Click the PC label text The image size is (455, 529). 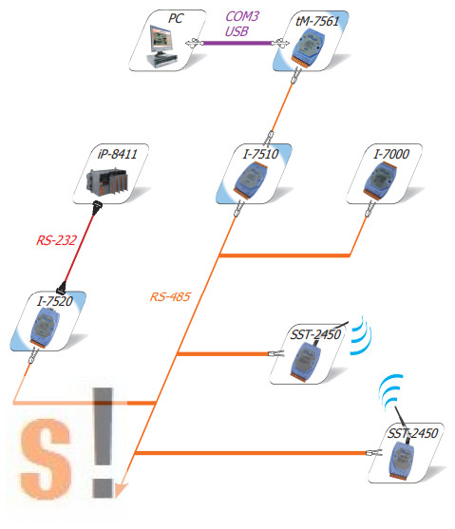[x=176, y=19]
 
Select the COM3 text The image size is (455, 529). [x=242, y=16]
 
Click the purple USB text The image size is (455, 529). [x=237, y=31]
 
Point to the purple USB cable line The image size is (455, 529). [x=237, y=43]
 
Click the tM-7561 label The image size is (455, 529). [x=317, y=21]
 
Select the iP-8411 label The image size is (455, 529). [x=117, y=154]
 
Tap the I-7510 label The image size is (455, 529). [x=260, y=154]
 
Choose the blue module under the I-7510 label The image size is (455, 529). [x=250, y=180]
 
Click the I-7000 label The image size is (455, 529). [x=391, y=154]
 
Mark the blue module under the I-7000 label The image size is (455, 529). [x=380, y=181]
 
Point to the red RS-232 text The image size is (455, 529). [x=56, y=240]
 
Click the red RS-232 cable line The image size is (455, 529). [x=80, y=247]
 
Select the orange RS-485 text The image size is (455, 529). [x=170, y=297]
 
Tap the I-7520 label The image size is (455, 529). [x=55, y=301]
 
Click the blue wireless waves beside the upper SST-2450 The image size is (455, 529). [x=362, y=335]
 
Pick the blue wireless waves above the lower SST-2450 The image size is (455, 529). [x=390, y=391]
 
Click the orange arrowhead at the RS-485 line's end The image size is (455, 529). [x=122, y=490]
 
